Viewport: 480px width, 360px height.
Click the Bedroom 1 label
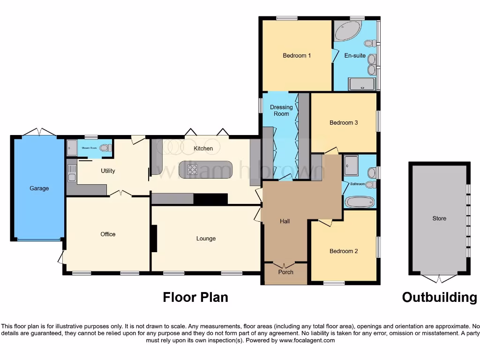click(x=297, y=56)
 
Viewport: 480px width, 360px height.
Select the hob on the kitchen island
click(x=192, y=170)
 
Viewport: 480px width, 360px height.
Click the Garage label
click(x=39, y=188)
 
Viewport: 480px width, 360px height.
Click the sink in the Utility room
click(x=72, y=177)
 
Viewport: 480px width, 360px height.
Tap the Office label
click(x=108, y=234)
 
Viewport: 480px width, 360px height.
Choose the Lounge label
click(x=206, y=239)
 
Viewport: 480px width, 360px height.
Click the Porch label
click(x=286, y=272)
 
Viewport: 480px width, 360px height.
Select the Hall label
click(x=285, y=221)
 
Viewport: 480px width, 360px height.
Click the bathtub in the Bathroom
click(x=360, y=202)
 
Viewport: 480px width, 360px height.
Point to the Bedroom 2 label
click(x=344, y=251)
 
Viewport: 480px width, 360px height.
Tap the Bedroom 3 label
click(x=344, y=123)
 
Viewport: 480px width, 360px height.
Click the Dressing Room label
click(x=281, y=111)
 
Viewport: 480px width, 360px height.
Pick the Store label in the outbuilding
click(x=439, y=218)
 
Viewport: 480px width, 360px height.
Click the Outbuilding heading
click(x=439, y=297)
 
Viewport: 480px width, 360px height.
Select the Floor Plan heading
click(x=195, y=297)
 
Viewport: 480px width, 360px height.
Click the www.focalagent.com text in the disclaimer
click(x=307, y=340)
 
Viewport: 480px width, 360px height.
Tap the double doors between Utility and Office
click(x=120, y=193)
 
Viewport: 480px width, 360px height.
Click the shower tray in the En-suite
click(x=362, y=84)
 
